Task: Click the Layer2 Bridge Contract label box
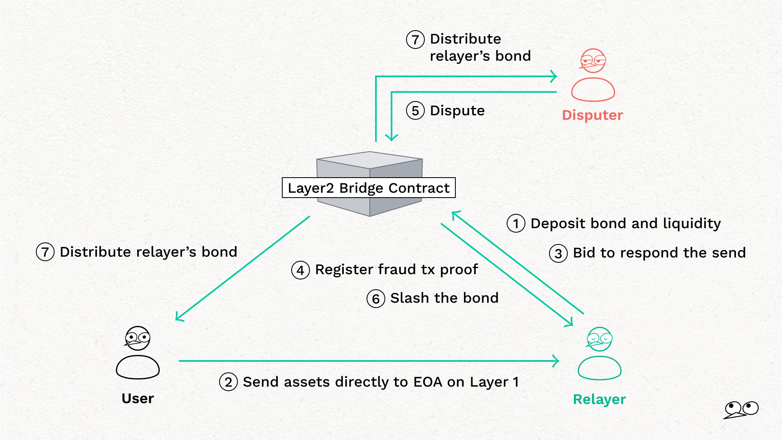[x=369, y=188]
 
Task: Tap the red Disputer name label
[x=592, y=115]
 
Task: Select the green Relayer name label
[x=599, y=399]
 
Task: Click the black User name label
[x=138, y=398]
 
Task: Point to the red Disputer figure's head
[x=593, y=61]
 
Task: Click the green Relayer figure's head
[x=600, y=339]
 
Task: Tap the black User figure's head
[x=138, y=338]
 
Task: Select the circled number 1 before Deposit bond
[x=516, y=224]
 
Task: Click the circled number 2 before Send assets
[x=228, y=382]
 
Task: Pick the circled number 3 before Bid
[x=558, y=253]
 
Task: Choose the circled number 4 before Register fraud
[x=300, y=270]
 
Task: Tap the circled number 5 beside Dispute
[x=415, y=111]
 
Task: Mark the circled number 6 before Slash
[x=376, y=299]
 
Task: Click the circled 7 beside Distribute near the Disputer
[x=415, y=40]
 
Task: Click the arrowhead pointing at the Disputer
[x=554, y=76]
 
